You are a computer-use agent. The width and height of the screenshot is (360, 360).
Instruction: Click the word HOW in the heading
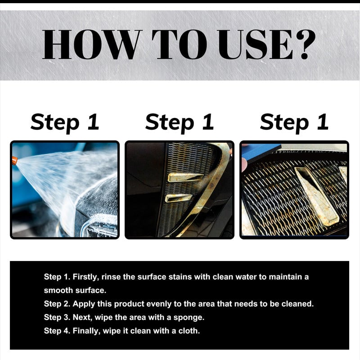pos(91,44)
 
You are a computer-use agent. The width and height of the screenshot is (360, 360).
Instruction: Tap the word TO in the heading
pos(179,44)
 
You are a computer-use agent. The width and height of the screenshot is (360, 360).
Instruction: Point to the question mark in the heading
pos(305,44)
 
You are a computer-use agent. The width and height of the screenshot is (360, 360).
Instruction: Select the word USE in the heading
pos(255,44)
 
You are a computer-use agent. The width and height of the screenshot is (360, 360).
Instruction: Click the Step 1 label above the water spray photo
pos(65,122)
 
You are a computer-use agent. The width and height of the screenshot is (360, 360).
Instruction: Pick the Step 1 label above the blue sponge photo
pos(294,122)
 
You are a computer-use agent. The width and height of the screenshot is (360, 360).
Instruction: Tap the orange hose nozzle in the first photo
pos(15,161)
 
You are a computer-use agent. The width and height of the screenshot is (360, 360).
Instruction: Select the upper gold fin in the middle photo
pos(185,177)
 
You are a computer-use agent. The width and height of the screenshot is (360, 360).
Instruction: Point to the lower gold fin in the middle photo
pos(178,198)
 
